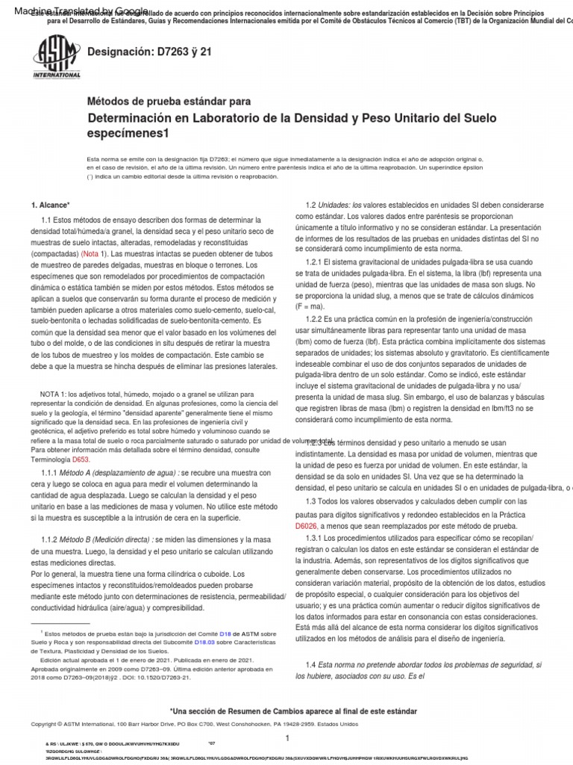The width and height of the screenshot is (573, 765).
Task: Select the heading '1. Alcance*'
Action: tap(50, 205)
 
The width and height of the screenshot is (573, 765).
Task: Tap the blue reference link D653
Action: tap(80, 461)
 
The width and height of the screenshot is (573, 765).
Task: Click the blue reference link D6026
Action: tap(309, 526)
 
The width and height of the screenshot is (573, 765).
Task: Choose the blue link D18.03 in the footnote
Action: tap(204, 641)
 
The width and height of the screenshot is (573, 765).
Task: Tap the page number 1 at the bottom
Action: tap(286, 737)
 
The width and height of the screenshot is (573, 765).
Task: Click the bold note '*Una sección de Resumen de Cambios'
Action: tap(293, 711)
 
